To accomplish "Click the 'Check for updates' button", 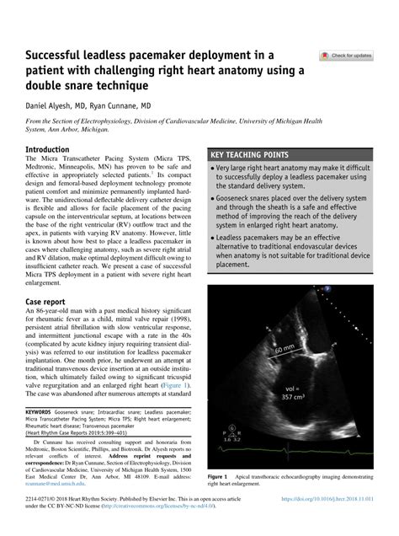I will tap(346, 56).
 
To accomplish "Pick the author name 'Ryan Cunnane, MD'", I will tap(123, 107).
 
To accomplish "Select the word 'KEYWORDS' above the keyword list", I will tap(41, 413).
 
